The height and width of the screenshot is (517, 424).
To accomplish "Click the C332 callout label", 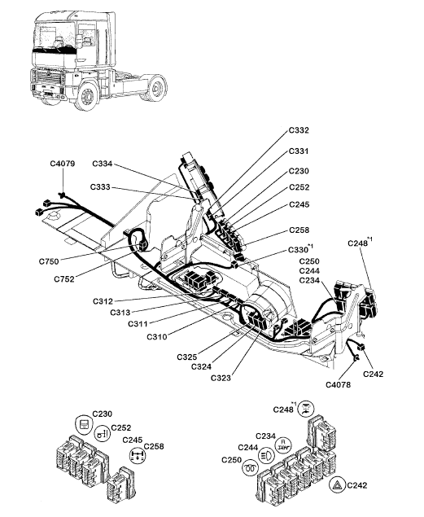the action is pos(299,130).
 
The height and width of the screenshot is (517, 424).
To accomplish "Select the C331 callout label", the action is pos(299,151).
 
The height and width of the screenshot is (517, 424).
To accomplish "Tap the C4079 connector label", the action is pos(63,164).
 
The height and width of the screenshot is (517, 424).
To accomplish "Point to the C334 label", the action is pos(103,164).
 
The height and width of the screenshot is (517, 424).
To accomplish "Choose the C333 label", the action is pos(100,187).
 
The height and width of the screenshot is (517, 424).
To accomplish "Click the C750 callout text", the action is pos(49,261).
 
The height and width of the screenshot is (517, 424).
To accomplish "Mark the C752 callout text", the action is pos(64,279).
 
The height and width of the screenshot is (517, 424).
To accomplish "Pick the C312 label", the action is pos(103,301).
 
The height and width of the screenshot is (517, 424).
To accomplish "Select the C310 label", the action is pos(157,336).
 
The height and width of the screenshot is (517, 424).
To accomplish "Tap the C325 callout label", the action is pos(187,357).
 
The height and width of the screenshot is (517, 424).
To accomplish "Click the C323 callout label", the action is pos(221,378).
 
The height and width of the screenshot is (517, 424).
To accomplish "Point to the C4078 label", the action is pos(338,384).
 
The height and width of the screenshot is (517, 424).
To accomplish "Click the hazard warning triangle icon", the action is pos(338,485).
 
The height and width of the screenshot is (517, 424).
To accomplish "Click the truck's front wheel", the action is pos(87,95).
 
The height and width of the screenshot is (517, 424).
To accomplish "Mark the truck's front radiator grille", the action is pos(49,81).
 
